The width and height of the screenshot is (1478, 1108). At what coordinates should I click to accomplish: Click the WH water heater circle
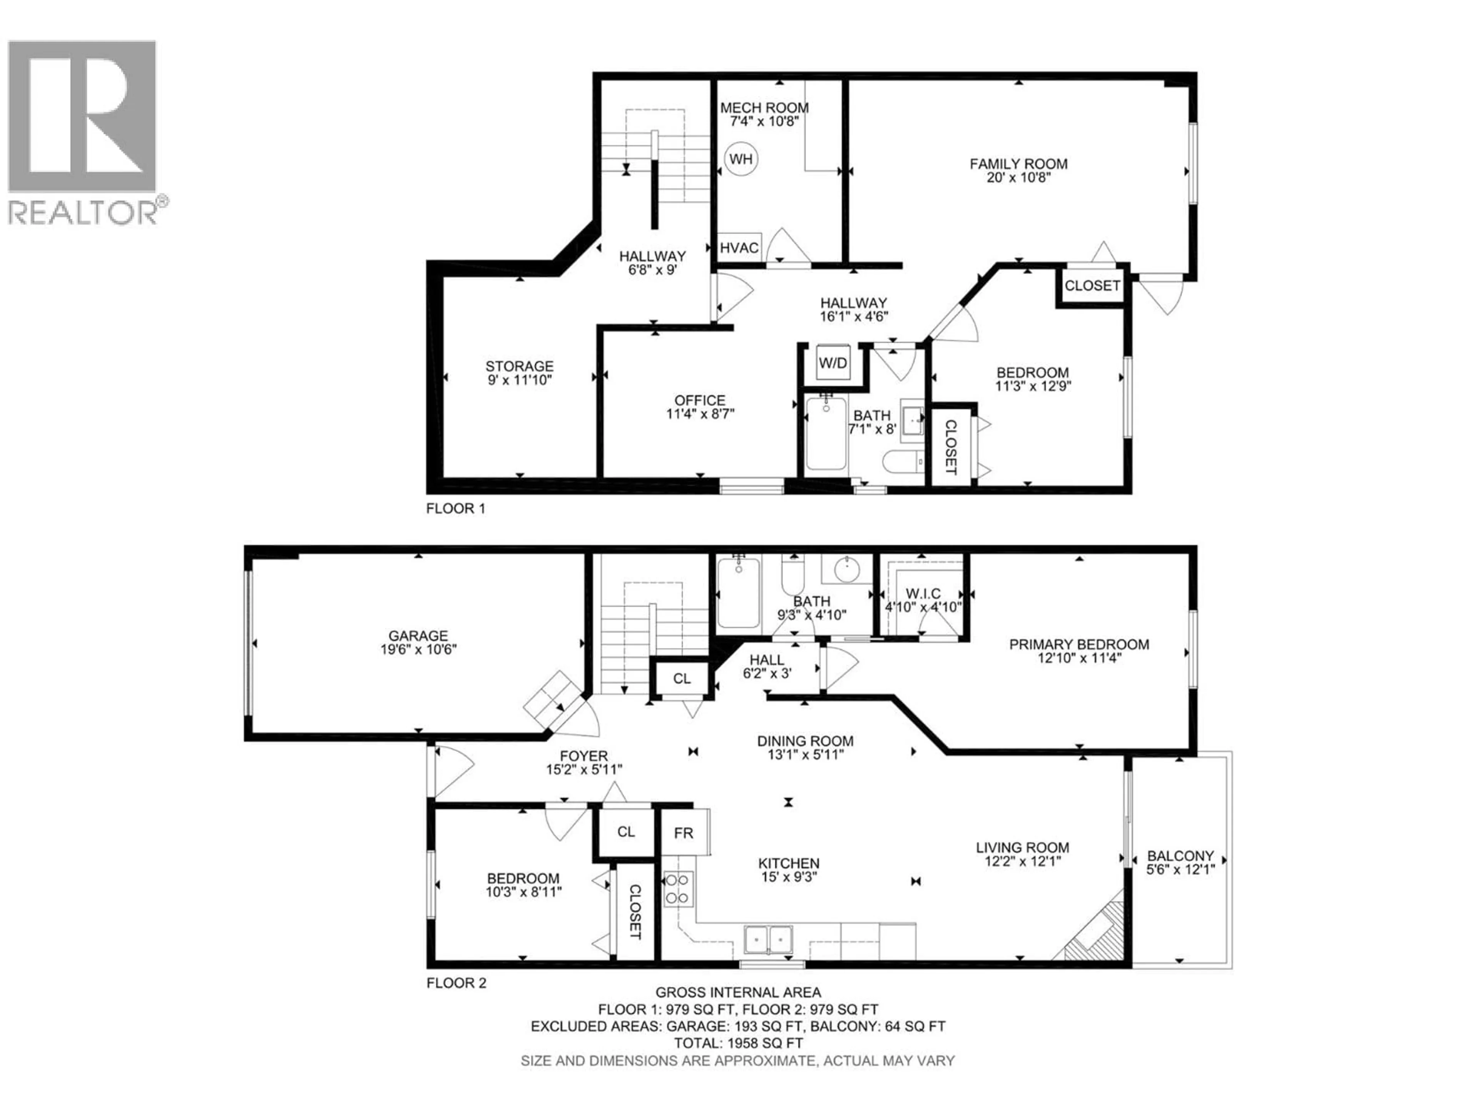tap(740, 159)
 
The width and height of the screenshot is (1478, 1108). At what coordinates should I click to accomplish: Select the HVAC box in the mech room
tap(739, 248)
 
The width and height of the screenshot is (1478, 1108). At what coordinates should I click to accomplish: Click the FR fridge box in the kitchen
tap(684, 833)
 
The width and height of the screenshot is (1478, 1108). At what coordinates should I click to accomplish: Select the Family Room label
tap(1018, 164)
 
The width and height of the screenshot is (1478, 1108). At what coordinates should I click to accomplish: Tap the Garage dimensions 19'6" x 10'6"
tap(418, 649)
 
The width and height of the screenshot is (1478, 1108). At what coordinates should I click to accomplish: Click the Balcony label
tap(1180, 856)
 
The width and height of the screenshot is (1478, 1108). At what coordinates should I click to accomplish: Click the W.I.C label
tap(923, 594)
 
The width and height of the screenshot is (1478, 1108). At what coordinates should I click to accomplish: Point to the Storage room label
tap(519, 366)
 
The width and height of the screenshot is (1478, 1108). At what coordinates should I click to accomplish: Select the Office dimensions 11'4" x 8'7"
tap(700, 414)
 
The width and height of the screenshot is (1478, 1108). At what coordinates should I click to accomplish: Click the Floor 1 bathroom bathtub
tap(826, 433)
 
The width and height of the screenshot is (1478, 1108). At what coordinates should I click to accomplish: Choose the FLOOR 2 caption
tap(456, 983)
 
